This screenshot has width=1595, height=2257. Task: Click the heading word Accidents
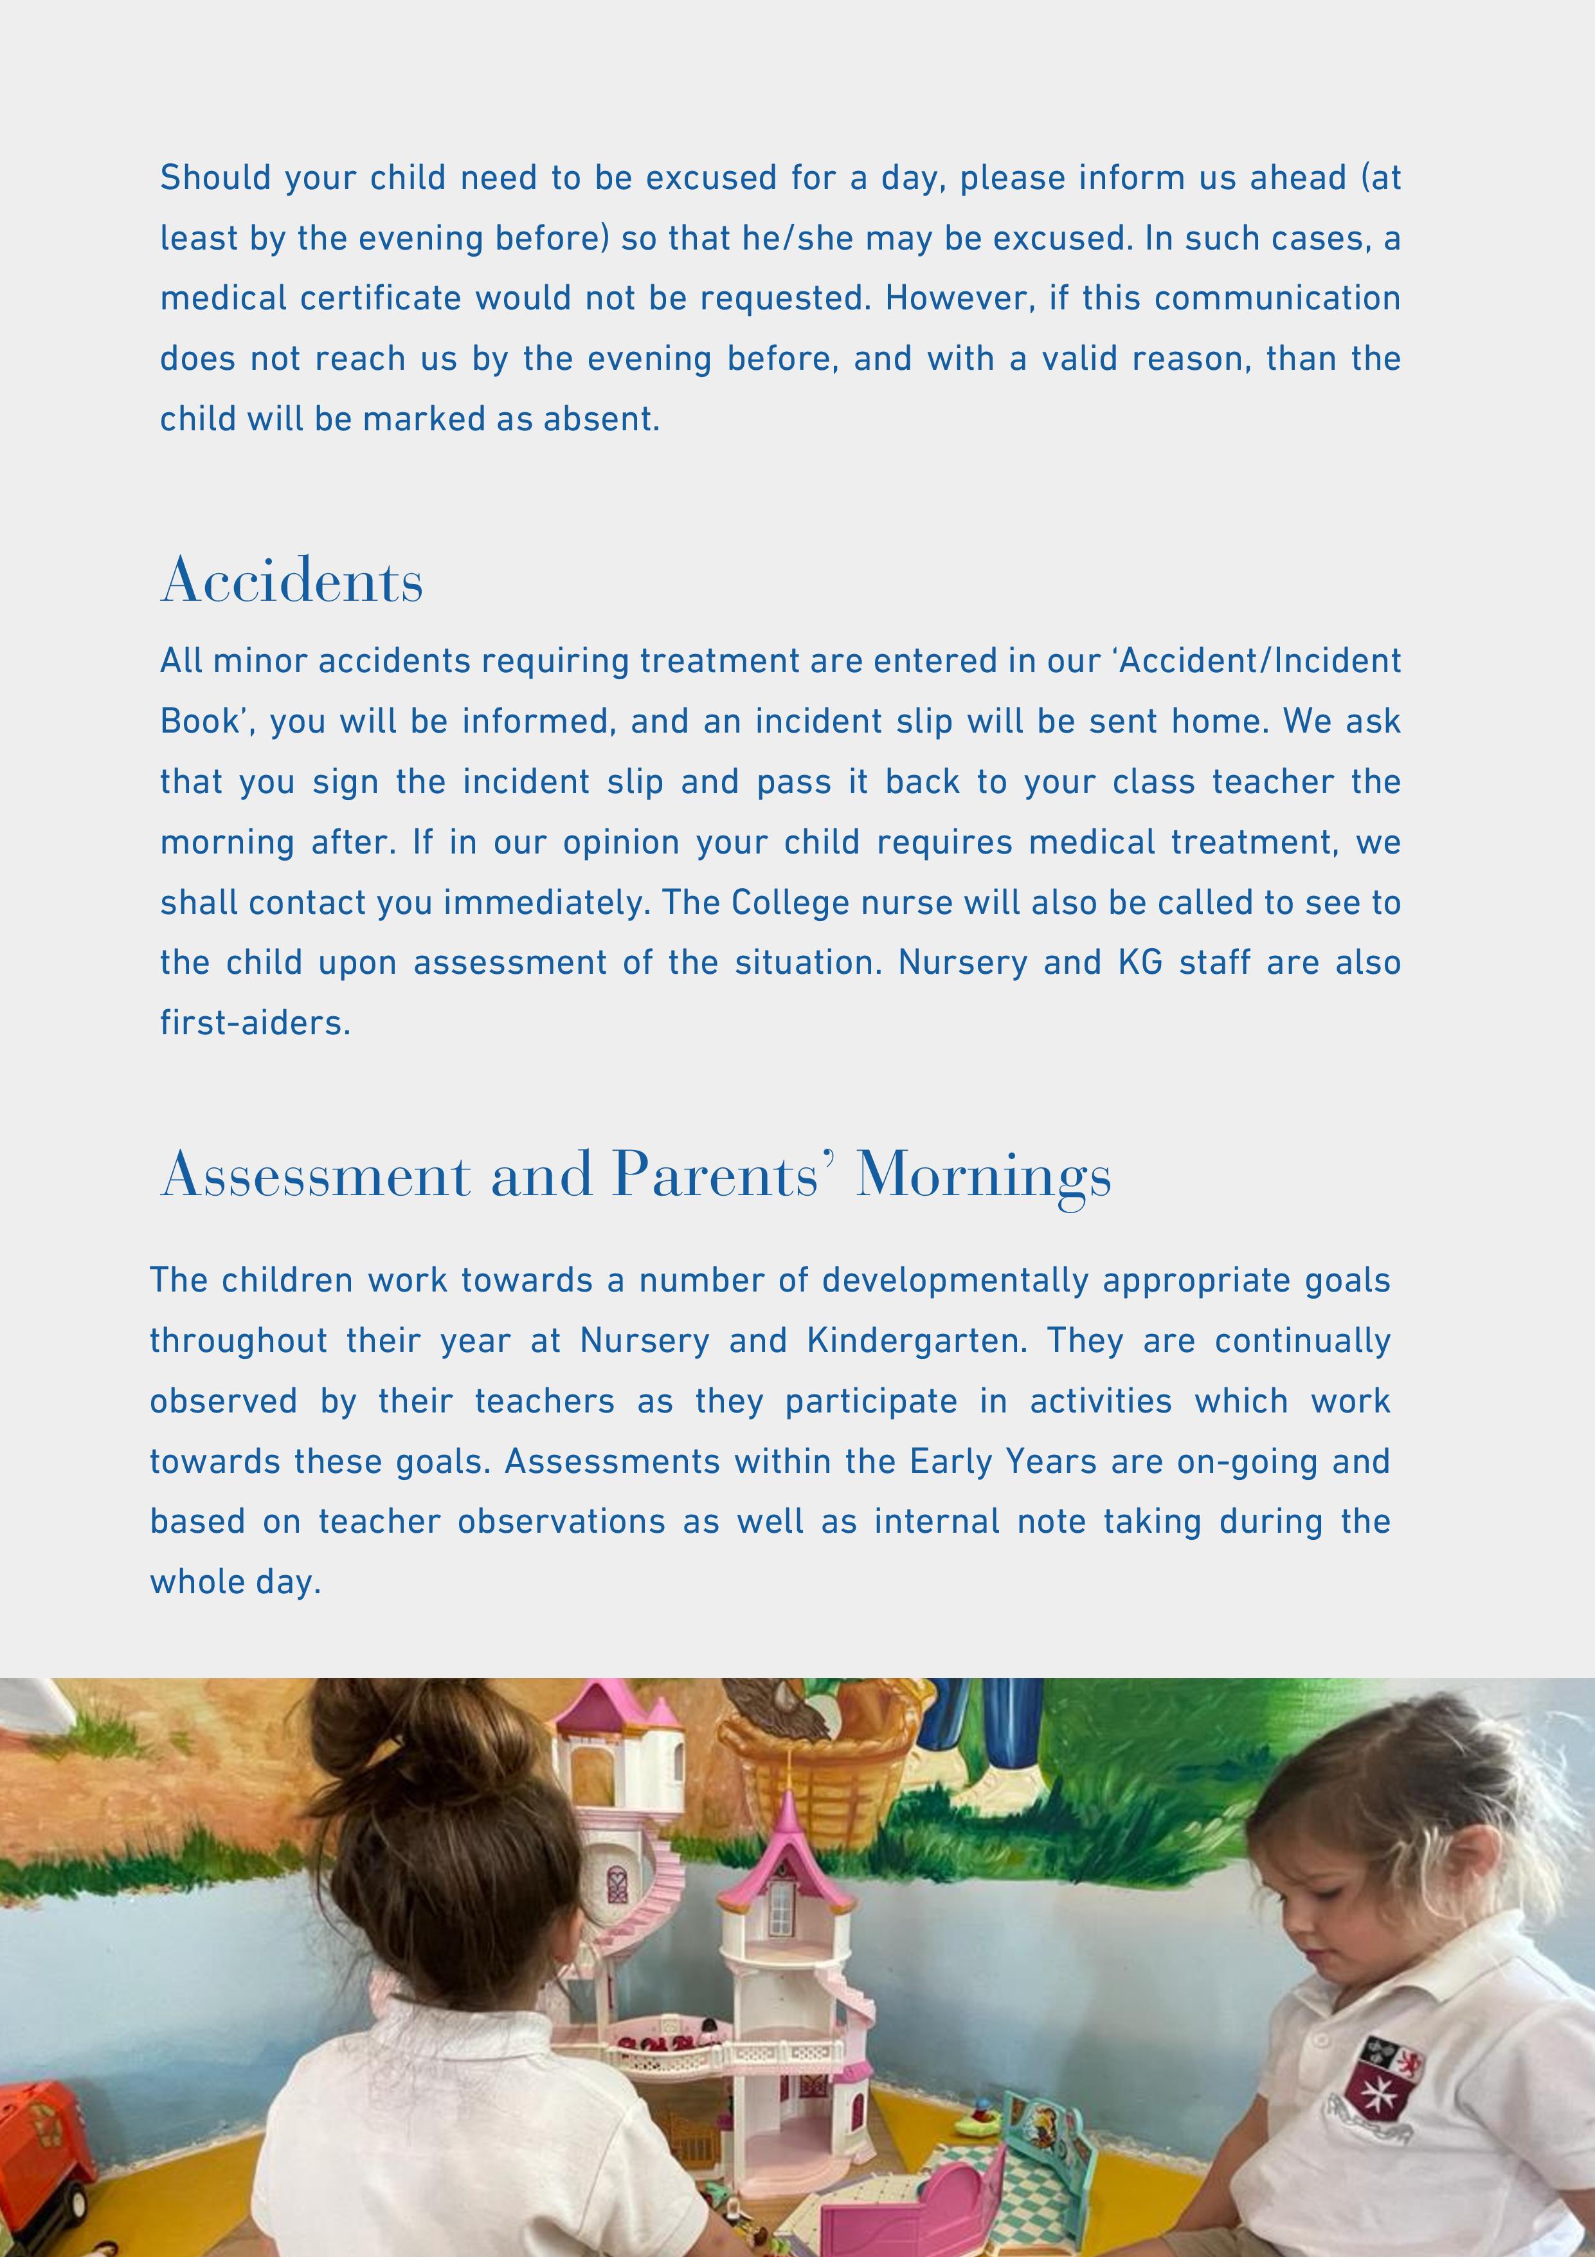pos(292,580)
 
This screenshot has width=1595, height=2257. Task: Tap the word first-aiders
pos(255,1023)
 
